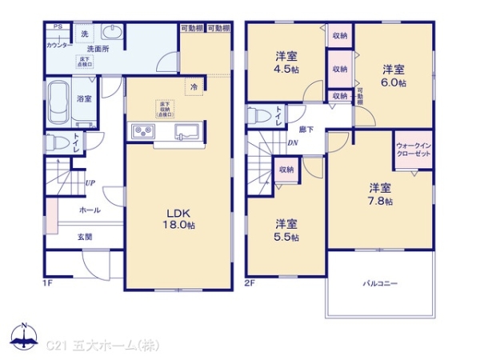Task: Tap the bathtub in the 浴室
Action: coord(57,102)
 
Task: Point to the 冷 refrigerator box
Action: coord(193,86)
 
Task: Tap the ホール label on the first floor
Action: coord(90,210)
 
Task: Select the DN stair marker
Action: coord(292,144)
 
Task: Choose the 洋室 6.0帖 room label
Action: coord(393,75)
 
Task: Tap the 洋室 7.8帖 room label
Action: coord(380,194)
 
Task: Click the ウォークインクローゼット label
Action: coord(413,150)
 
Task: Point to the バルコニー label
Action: coord(381,283)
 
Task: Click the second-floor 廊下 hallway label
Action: coord(306,129)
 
